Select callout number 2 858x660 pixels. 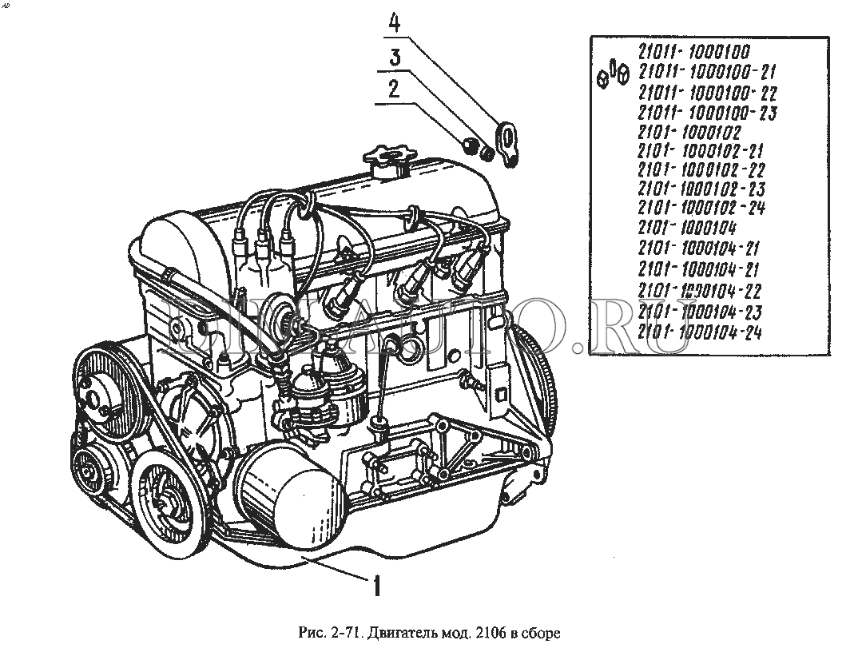[x=392, y=89]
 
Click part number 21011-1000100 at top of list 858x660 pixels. [x=693, y=53]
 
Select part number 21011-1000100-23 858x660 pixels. [x=707, y=112]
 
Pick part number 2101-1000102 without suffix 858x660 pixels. [x=689, y=131]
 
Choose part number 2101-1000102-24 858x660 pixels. [x=702, y=209]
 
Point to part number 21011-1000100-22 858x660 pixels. [x=707, y=92]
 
